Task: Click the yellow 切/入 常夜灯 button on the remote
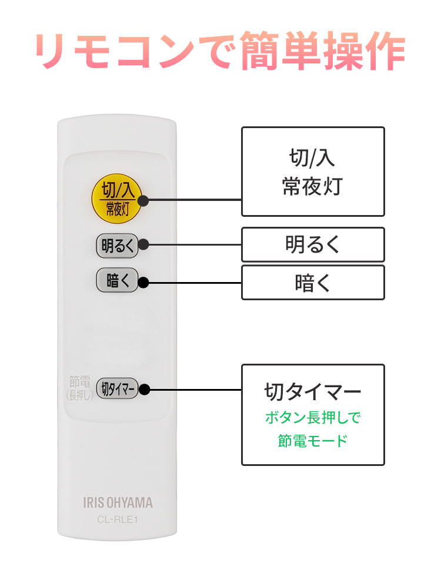click(x=118, y=199)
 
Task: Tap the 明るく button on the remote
click(x=117, y=246)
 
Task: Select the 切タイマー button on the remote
click(x=117, y=388)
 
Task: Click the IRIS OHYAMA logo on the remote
click(x=118, y=502)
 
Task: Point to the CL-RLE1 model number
click(x=118, y=519)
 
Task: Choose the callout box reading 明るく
click(x=313, y=244)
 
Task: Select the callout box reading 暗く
click(x=313, y=282)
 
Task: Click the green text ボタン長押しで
click(x=313, y=418)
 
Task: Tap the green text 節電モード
click(x=313, y=441)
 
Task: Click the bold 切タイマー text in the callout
click(x=313, y=391)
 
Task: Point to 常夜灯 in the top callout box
click(x=313, y=187)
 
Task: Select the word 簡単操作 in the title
click(x=322, y=52)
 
